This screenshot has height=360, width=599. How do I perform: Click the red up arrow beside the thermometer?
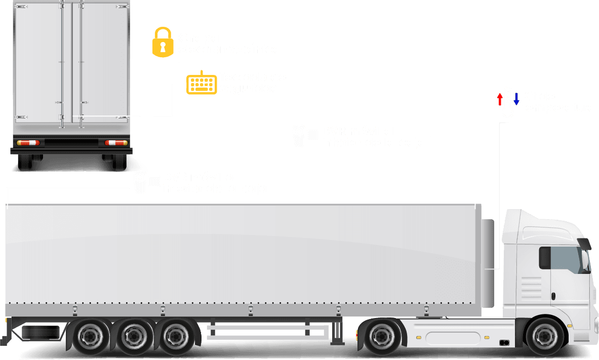[499, 99]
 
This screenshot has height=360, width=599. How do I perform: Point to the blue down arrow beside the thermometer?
[516, 99]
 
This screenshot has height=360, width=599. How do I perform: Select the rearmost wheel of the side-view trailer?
[90, 335]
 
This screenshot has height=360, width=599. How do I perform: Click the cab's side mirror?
[585, 244]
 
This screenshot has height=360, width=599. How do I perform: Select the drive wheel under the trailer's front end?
[382, 335]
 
